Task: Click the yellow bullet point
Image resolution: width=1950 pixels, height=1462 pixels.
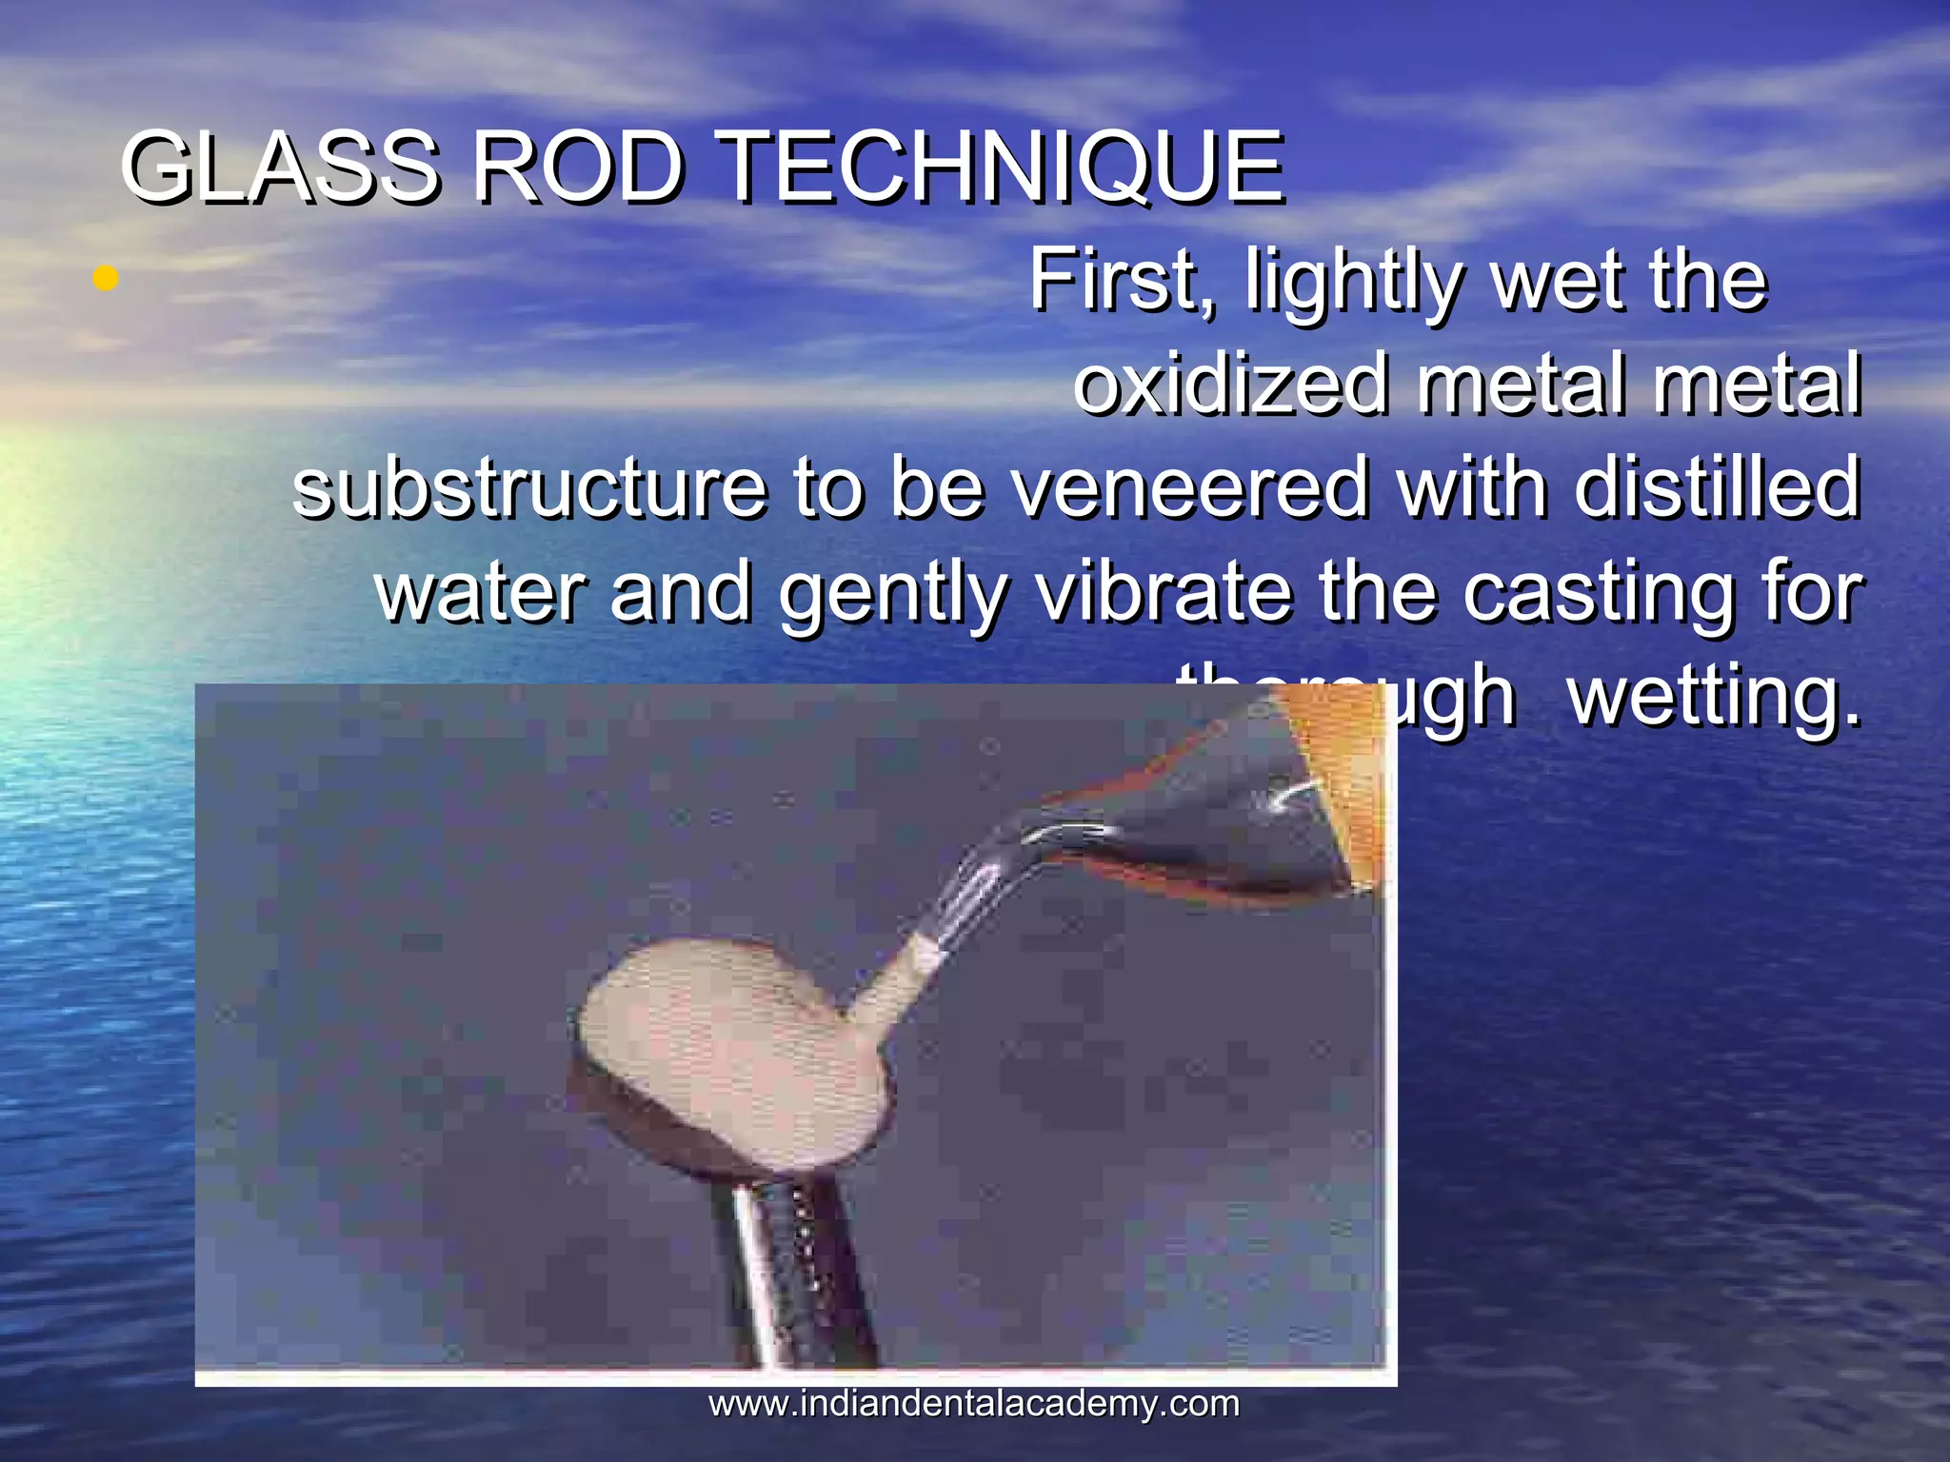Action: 106,279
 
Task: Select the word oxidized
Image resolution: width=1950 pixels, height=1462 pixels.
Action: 1230,385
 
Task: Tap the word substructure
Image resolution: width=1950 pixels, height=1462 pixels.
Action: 529,487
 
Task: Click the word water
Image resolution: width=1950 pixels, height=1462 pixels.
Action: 481,592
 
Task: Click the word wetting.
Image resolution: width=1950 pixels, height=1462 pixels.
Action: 1713,699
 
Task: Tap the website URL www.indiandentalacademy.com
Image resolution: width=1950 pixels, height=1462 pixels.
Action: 974,1403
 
